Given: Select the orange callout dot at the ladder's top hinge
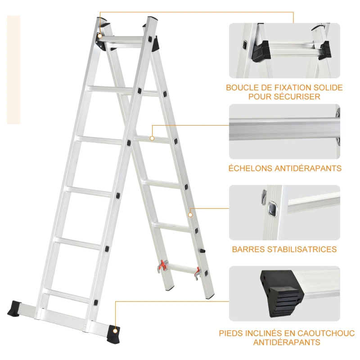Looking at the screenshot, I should [x=99, y=35].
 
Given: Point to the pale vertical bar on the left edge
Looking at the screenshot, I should [x=13, y=69].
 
